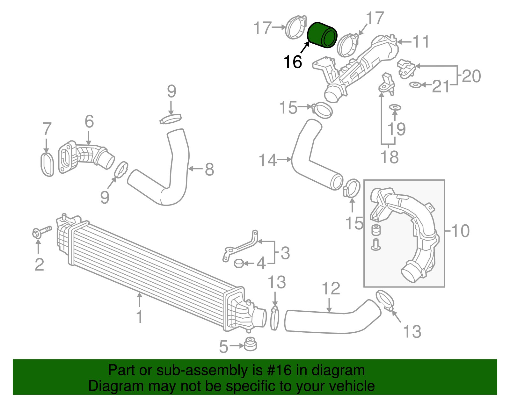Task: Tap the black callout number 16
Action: tap(293, 62)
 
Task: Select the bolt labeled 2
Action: tap(41, 231)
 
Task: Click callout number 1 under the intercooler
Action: tap(139, 317)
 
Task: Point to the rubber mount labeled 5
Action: tap(250, 344)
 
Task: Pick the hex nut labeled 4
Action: tap(239, 264)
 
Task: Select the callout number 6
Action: tap(89, 122)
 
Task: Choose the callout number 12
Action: tap(331, 288)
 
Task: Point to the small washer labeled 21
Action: tap(415, 85)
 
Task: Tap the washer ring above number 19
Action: tap(395, 108)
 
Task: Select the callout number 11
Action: tap(421, 42)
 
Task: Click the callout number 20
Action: tap(471, 76)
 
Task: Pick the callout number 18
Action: tap(389, 157)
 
